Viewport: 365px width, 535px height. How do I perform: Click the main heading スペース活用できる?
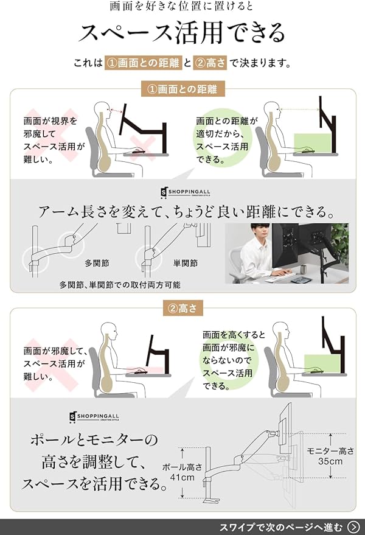coord(182,33)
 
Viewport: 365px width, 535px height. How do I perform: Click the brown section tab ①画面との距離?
coord(182,89)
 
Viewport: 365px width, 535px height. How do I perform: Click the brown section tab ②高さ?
coord(182,309)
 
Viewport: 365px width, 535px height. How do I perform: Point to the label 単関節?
coord(186,264)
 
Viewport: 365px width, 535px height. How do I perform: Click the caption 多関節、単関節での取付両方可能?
coord(119,284)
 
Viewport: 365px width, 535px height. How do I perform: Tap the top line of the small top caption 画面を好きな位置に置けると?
coord(182,7)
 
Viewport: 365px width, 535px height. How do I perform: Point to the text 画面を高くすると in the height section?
coord(234,334)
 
